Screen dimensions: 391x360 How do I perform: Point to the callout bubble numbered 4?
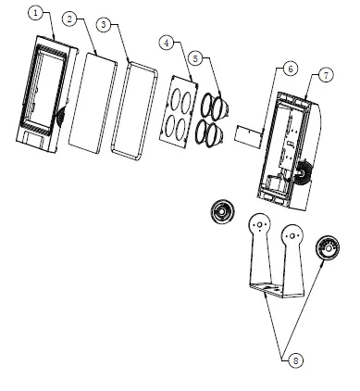pyautogui.click(x=167, y=42)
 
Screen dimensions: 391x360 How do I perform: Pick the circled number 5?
pyautogui.click(x=193, y=57)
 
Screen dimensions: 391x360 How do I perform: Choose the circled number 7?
pyautogui.click(x=324, y=73)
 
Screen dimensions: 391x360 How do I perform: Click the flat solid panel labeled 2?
pyautogui.click(x=93, y=102)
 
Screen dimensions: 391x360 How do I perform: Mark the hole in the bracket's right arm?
pyautogui.click(x=292, y=237)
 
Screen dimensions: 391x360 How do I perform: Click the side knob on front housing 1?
pyautogui.click(x=62, y=120)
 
